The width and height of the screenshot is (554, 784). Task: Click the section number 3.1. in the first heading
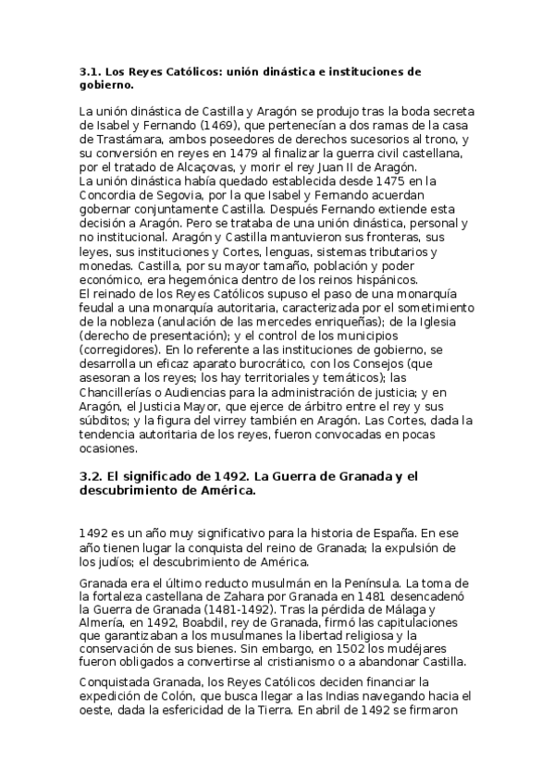tap(92, 70)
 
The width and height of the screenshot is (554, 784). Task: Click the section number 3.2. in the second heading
tap(92, 476)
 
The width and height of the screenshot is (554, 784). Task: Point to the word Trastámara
tap(114, 140)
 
